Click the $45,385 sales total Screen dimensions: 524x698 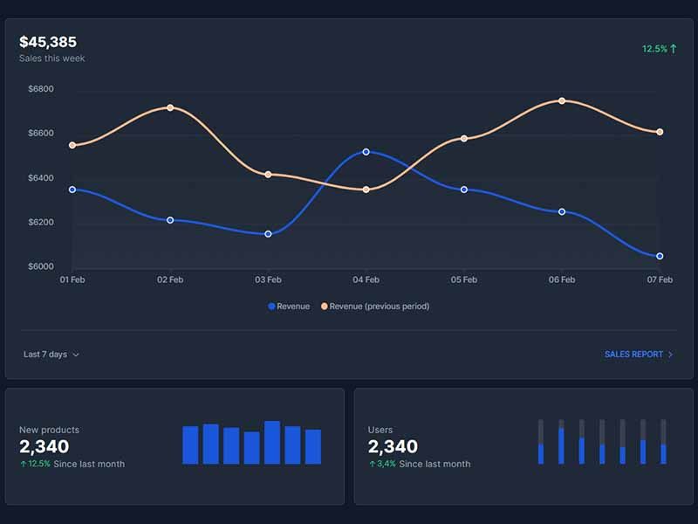pyautogui.click(x=48, y=42)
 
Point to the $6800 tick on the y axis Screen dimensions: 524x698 pyautogui.click(x=41, y=89)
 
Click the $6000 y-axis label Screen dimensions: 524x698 pyautogui.click(x=41, y=266)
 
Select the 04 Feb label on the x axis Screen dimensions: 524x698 pyautogui.click(x=366, y=279)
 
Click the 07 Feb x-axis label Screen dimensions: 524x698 pyautogui.click(x=659, y=279)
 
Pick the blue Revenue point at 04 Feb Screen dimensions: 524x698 pyautogui.click(x=366, y=152)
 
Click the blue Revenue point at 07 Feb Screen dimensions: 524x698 pyautogui.click(x=660, y=256)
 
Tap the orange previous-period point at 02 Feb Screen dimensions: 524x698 pyautogui.click(x=169, y=108)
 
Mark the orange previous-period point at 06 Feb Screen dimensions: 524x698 pyautogui.click(x=562, y=101)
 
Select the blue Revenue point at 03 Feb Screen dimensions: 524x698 pyautogui.click(x=268, y=234)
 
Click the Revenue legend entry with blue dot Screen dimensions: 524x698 pyautogui.click(x=289, y=307)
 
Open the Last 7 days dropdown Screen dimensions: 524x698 pyautogui.click(x=51, y=355)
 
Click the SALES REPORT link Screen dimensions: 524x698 pyautogui.click(x=639, y=355)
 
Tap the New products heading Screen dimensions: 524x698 pyautogui.click(x=49, y=430)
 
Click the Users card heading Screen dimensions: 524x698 pyautogui.click(x=380, y=430)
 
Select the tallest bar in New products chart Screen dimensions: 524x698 pyautogui.click(x=272, y=442)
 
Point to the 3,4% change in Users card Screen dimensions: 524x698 pyautogui.click(x=382, y=464)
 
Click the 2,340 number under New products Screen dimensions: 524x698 pyautogui.click(x=44, y=447)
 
